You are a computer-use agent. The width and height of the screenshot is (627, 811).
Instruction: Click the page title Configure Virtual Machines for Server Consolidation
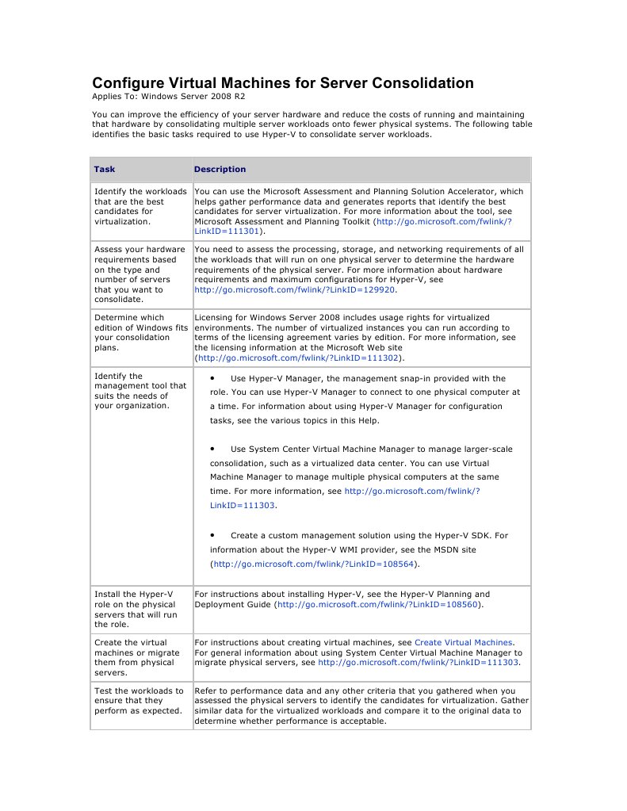pyautogui.click(x=283, y=83)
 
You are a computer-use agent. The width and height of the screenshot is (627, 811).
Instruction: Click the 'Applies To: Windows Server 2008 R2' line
pyautogui.click(x=162, y=98)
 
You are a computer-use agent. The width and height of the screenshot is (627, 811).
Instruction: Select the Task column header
pyautogui.click(x=105, y=169)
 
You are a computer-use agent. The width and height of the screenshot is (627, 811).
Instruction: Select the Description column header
pyautogui.click(x=220, y=169)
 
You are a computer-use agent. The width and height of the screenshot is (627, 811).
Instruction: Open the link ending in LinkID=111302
pyautogui.click(x=299, y=358)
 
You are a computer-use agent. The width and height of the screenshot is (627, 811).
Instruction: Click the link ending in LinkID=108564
pyautogui.click(x=314, y=564)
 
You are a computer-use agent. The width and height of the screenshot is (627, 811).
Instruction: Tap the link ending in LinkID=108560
pyautogui.click(x=378, y=604)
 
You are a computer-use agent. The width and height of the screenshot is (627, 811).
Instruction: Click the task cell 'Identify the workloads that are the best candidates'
pyautogui.click(x=140, y=207)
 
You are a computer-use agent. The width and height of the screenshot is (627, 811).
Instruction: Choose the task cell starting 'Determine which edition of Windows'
pyautogui.click(x=141, y=332)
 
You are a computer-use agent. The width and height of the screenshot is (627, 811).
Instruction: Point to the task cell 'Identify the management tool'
pyautogui.click(x=140, y=391)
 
